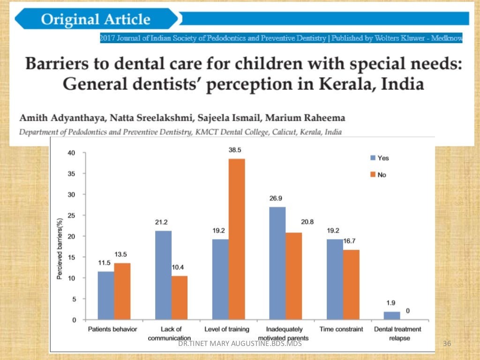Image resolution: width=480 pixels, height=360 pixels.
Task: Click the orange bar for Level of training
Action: pyautogui.click(x=237, y=239)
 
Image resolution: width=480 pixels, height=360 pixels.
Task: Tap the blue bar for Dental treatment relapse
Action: pyautogui.click(x=392, y=315)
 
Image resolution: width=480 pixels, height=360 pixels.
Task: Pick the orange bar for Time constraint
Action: pyautogui.click(x=351, y=285)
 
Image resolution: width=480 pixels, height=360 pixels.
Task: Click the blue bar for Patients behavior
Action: pyautogui.click(x=106, y=295)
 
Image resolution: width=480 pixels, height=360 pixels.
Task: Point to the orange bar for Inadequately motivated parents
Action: pyautogui.click(x=294, y=276)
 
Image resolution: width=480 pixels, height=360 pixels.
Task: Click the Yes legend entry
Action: pyautogui.click(x=379, y=158)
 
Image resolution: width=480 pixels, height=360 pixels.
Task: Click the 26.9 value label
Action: pyautogui.click(x=277, y=199)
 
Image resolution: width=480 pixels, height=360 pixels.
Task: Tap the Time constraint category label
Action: pyautogui.click(x=341, y=329)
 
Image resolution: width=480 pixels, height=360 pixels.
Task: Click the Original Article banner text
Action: pyautogui.click(x=96, y=20)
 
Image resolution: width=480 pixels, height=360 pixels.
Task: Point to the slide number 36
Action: pyautogui.click(x=446, y=345)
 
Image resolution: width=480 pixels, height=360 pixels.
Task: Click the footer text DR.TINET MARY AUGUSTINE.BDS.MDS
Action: pyautogui.click(x=240, y=345)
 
